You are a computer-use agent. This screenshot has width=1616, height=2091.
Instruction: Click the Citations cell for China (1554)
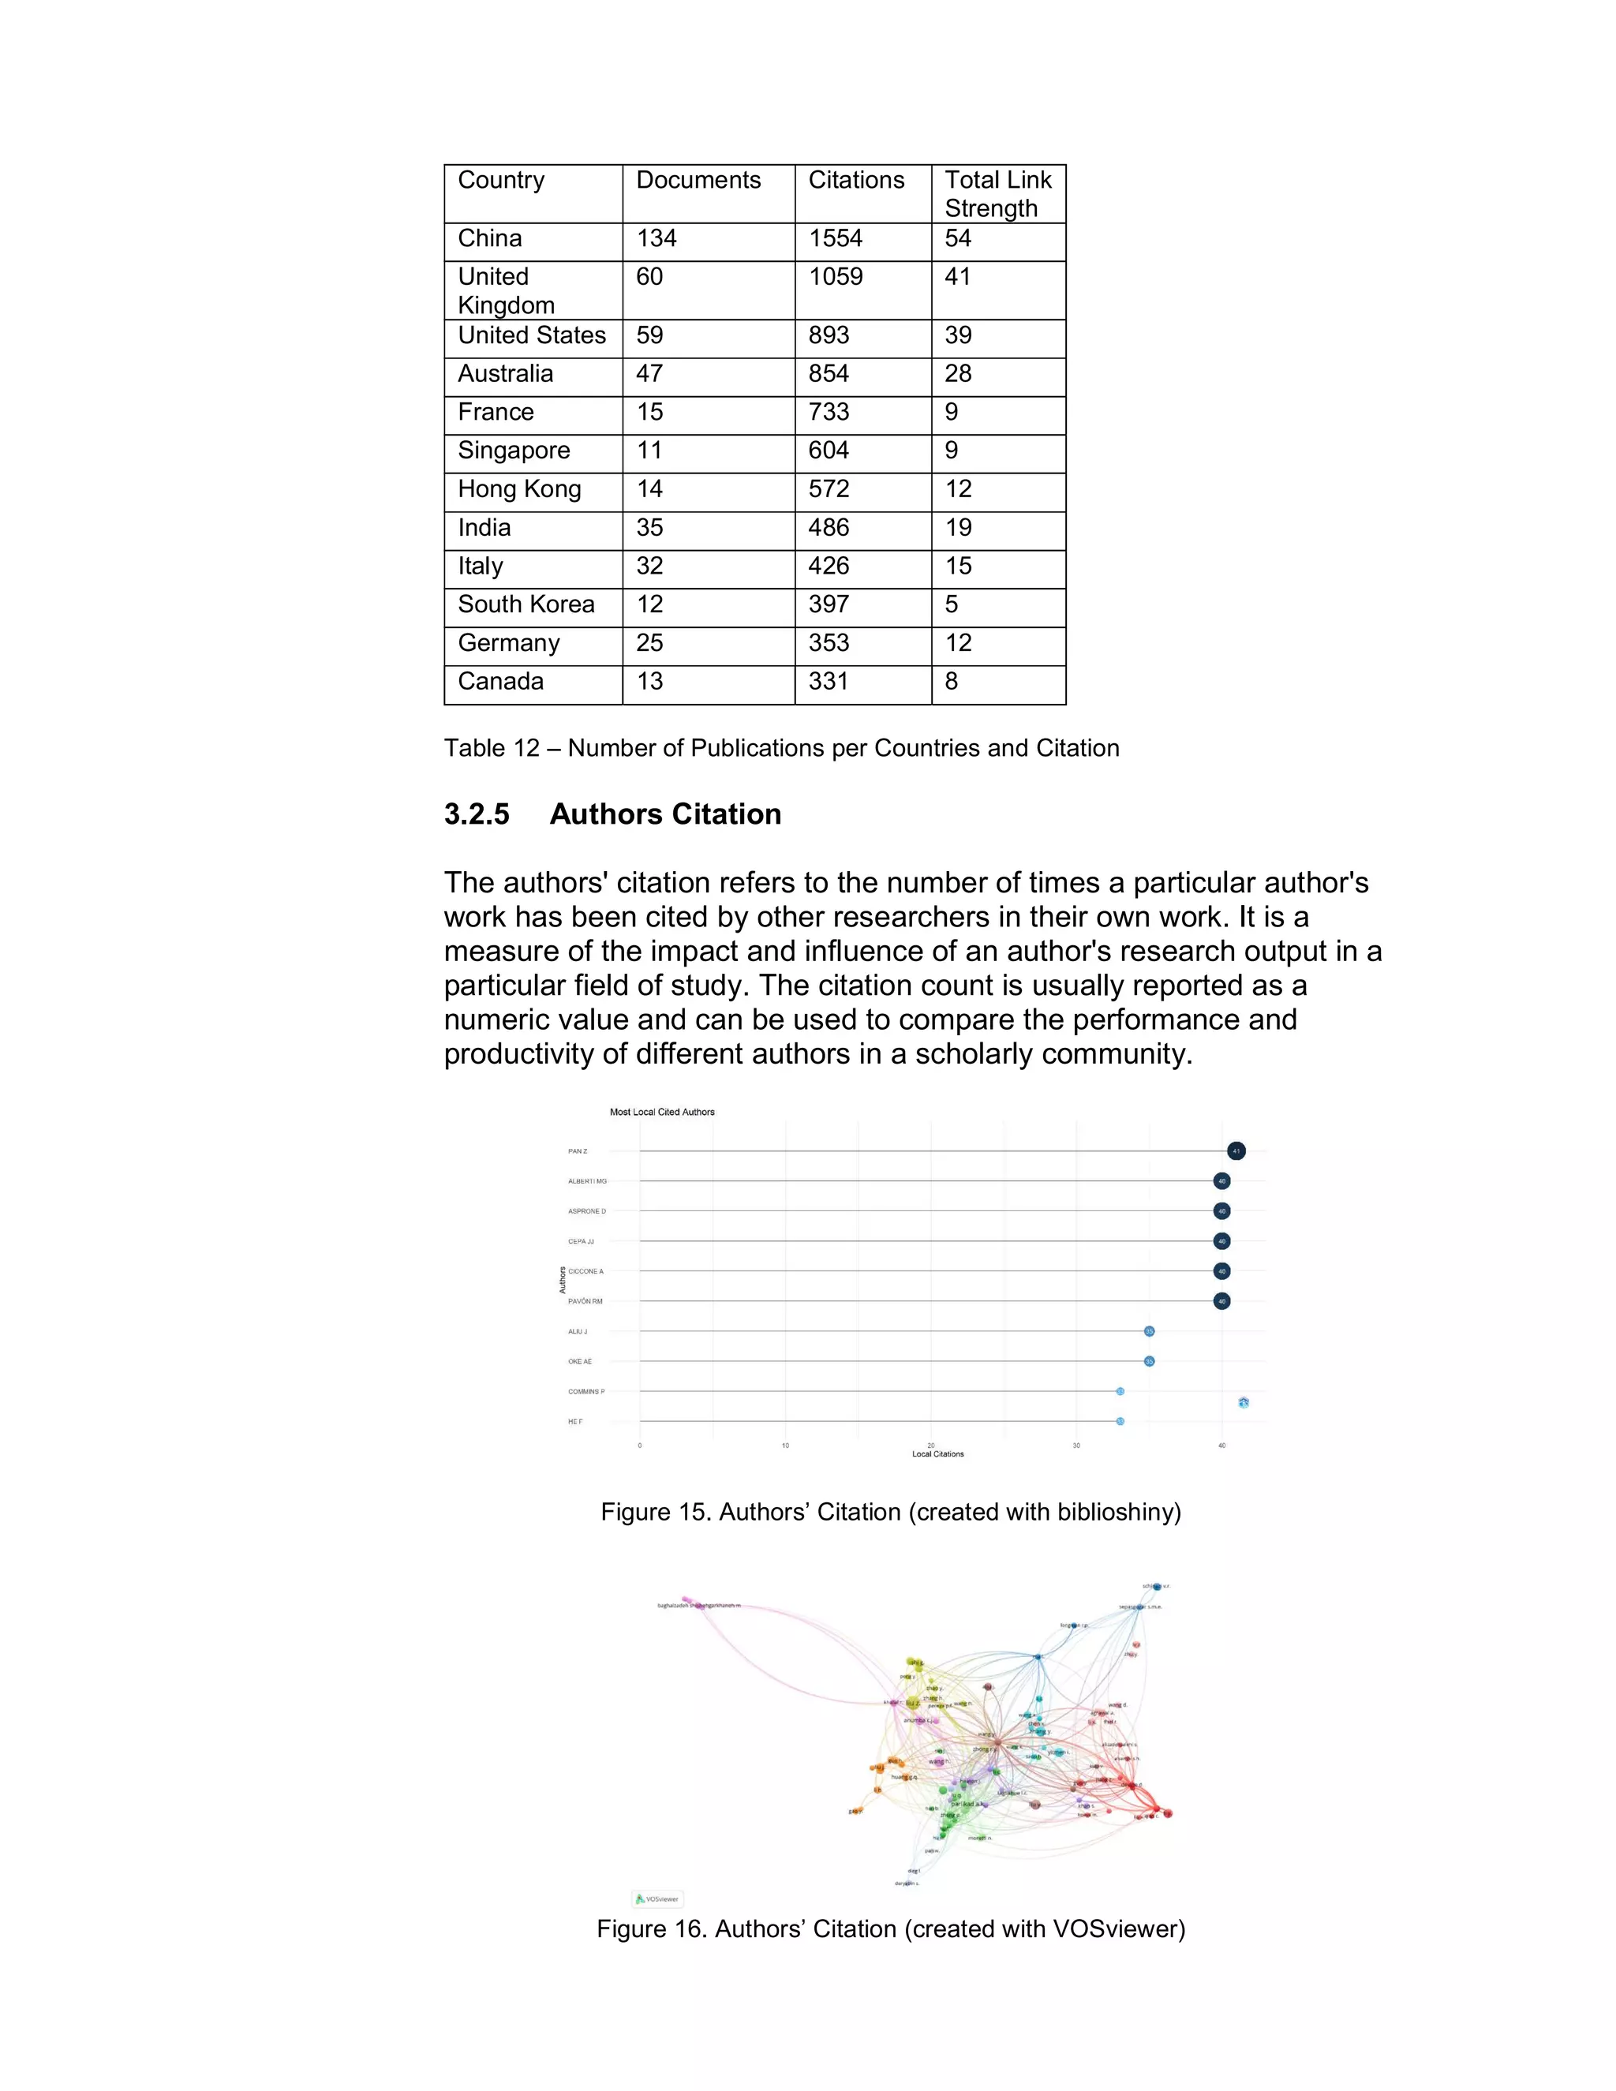coord(835,238)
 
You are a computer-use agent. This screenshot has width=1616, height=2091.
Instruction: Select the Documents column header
coord(698,180)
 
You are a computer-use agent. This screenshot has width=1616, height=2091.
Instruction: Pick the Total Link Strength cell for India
coord(957,528)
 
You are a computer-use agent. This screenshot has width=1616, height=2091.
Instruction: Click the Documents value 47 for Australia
coord(649,373)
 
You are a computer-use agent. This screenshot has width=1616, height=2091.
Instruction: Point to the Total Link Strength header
coord(997,193)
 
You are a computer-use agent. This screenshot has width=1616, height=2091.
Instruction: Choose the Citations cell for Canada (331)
coord(828,682)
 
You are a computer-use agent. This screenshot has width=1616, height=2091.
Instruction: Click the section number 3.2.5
coord(477,814)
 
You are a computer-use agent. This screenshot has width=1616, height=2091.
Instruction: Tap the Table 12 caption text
coord(781,748)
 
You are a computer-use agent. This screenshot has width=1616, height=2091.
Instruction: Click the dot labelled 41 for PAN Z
coord(1236,1150)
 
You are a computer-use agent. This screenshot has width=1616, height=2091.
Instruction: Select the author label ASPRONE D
coord(586,1211)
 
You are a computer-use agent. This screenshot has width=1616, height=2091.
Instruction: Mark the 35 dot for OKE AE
coord(1149,1361)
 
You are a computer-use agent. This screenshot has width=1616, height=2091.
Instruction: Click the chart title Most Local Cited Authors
coord(661,1112)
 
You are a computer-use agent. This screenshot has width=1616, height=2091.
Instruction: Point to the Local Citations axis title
coord(937,1454)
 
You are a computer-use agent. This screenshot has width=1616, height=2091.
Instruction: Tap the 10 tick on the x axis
coord(785,1446)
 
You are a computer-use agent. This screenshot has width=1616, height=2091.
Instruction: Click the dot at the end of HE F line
coord(1119,1422)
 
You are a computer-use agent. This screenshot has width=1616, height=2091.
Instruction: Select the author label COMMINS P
coord(586,1391)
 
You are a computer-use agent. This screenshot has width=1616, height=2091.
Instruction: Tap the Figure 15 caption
coord(890,1512)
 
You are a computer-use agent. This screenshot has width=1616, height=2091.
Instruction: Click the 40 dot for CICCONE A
coord(1221,1271)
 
